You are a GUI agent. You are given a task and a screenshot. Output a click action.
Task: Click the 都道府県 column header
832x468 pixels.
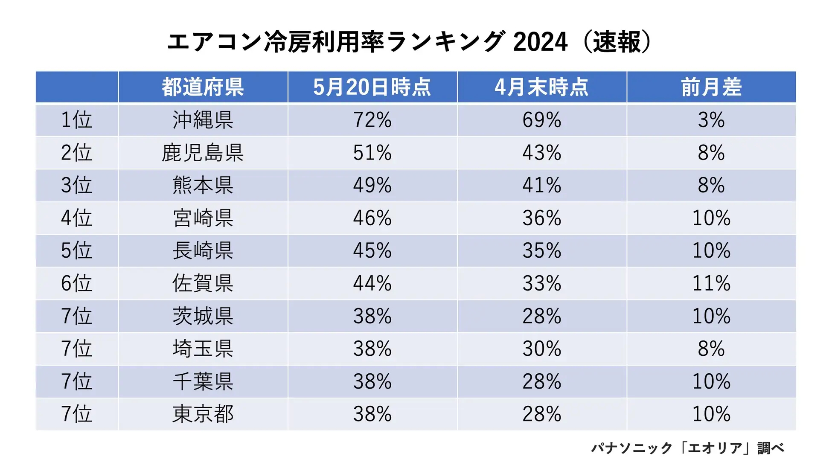pyautogui.click(x=203, y=87)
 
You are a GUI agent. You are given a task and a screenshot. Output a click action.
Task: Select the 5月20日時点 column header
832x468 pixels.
pyautogui.click(x=372, y=87)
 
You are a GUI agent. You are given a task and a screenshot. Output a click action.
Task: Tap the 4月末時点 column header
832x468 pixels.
pyautogui.click(x=541, y=87)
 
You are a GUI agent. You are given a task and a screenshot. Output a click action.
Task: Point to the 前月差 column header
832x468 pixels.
pyautogui.click(x=711, y=87)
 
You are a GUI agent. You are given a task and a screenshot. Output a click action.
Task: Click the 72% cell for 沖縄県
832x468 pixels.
pyautogui.click(x=372, y=120)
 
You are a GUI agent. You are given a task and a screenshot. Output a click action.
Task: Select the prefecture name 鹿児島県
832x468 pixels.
pyautogui.click(x=203, y=153)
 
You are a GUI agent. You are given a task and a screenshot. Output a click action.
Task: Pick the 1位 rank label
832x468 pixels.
pyautogui.click(x=76, y=120)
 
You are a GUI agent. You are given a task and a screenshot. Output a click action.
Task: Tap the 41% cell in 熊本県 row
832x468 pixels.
pyautogui.click(x=541, y=186)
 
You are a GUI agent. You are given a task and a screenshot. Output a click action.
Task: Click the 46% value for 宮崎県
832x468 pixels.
pyautogui.click(x=372, y=218)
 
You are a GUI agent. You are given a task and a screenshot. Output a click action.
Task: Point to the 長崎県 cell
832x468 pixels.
pyautogui.click(x=203, y=251)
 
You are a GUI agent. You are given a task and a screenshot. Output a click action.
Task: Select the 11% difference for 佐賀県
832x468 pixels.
pyautogui.click(x=711, y=284)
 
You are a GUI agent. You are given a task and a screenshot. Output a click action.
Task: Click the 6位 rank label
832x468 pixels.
pyautogui.click(x=76, y=284)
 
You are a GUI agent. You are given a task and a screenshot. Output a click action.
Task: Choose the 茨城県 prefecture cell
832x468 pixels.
pyautogui.click(x=203, y=316)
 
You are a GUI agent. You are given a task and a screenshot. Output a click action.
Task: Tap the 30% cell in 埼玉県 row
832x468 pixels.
pyautogui.click(x=541, y=349)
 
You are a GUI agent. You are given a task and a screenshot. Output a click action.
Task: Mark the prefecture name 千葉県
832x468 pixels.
pyautogui.click(x=203, y=381)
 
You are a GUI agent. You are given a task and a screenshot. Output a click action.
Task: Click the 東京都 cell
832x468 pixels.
pyautogui.click(x=203, y=414)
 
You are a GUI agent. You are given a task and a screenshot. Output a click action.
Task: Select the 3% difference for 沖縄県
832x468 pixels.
pyautogui.click(x=711, y=120)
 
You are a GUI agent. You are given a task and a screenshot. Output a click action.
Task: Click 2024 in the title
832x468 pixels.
pyautogui.click(x=540, y=42)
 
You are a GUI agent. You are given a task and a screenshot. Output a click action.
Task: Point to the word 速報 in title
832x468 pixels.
pyautogui.click(x=617, y=42)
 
